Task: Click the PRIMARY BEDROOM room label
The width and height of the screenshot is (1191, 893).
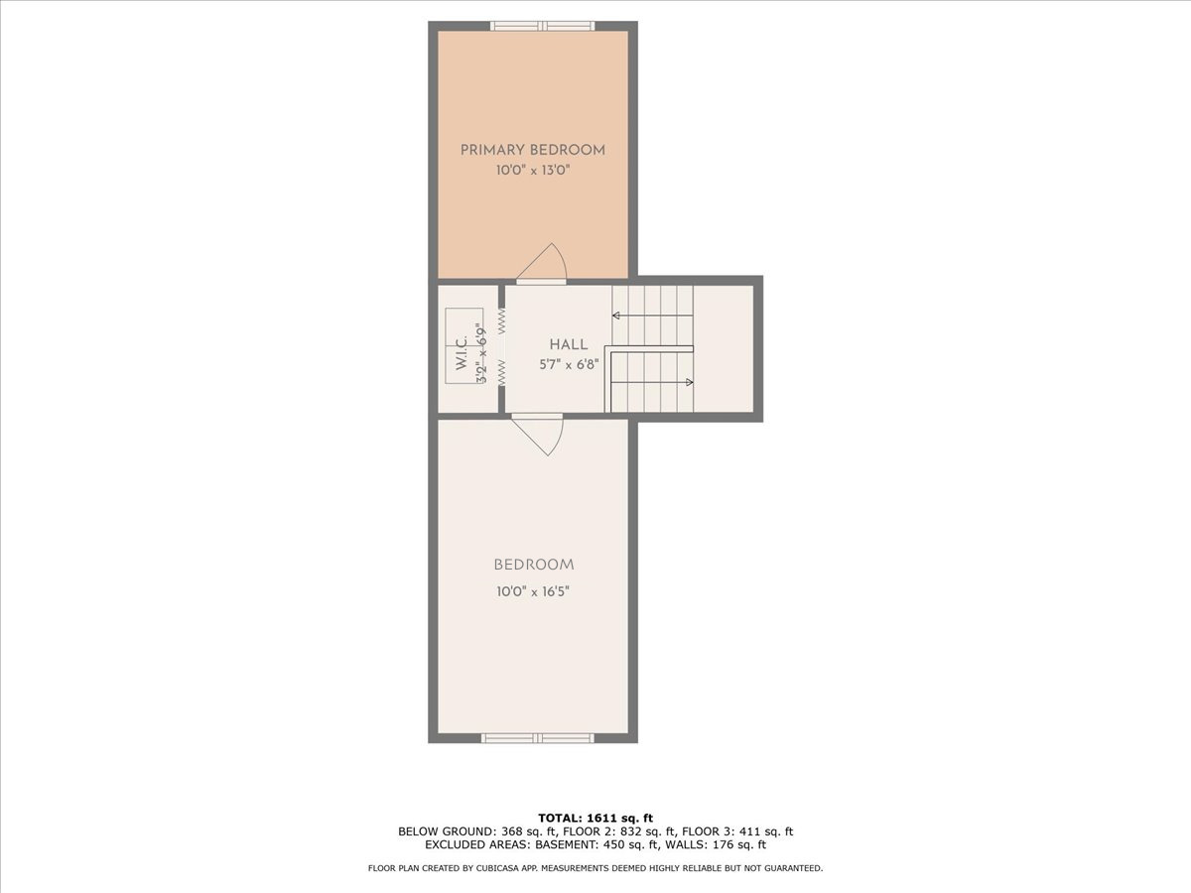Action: [533, 150]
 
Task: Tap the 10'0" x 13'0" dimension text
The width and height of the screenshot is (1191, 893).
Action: [533, 171]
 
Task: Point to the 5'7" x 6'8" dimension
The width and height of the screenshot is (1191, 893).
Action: [569, 363]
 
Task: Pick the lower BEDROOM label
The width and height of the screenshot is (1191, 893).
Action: [534, 565]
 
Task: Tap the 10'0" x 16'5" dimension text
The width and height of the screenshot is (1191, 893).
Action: [534, 591]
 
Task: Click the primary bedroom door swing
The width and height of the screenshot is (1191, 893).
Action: [543, 263]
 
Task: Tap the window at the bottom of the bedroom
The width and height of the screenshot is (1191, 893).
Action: [537, 738]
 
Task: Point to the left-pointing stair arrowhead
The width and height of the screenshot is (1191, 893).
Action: [616, 316]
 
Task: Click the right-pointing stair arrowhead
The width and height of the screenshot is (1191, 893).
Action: [690, 382]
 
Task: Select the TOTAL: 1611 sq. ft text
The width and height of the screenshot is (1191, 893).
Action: [595, 817]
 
